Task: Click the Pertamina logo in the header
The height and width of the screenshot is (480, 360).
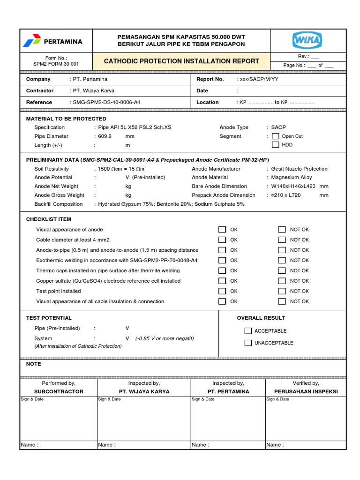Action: pos(52,41)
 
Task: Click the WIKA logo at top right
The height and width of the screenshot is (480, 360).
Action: pos(307,41)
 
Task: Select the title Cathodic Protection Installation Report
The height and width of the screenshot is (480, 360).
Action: pos(181,61)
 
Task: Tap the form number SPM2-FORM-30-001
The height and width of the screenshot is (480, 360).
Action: pos(56,64)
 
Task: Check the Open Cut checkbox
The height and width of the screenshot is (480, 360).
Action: pos(276,136)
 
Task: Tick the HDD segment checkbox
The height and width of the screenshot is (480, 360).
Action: pos(276,145)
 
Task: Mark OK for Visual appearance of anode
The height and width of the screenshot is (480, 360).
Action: pos(222,230)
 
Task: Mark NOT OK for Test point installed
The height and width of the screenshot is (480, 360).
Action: pos(282,291)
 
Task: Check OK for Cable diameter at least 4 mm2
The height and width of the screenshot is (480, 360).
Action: pos(222,240)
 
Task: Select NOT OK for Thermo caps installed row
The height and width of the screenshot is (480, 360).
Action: pos(282,270)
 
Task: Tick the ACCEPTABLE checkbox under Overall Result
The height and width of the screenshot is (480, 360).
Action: pos(248,331)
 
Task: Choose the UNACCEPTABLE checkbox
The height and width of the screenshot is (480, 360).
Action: pos(248,343)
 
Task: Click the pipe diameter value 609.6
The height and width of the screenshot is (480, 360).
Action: pos(106,136)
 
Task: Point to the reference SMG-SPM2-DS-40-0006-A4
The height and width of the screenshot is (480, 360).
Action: pos(105,102)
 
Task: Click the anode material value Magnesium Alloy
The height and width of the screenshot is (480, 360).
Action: pos(292,178)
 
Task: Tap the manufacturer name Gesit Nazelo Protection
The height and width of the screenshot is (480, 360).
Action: pos(300,169)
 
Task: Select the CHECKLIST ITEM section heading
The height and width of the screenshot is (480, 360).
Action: pos(49,219)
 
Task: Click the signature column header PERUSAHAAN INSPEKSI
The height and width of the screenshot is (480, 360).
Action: pos(306,391)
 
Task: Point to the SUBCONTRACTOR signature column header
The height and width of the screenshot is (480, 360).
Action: pos(59,391)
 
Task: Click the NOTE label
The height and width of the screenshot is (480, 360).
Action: pos(34,364)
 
